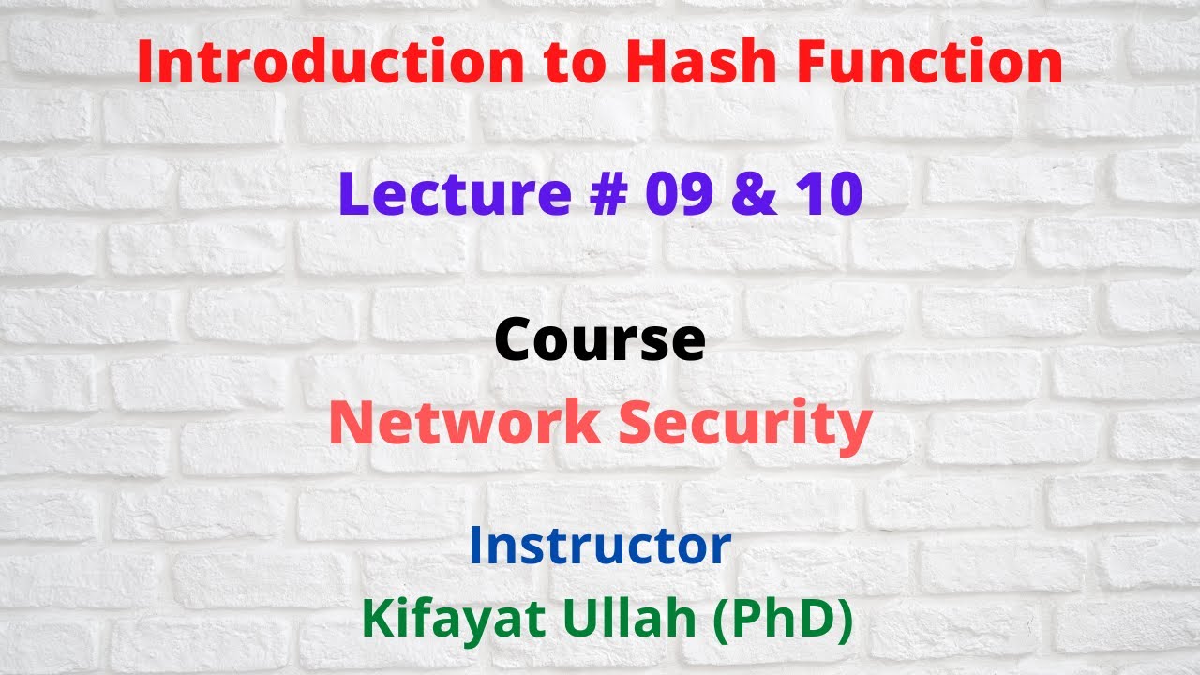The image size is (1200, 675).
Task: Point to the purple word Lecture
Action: [454, 194]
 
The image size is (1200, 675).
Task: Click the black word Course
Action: [600, 339]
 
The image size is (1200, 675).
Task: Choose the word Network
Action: [465, 424]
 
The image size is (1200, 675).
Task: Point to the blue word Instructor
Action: [600, 546]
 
